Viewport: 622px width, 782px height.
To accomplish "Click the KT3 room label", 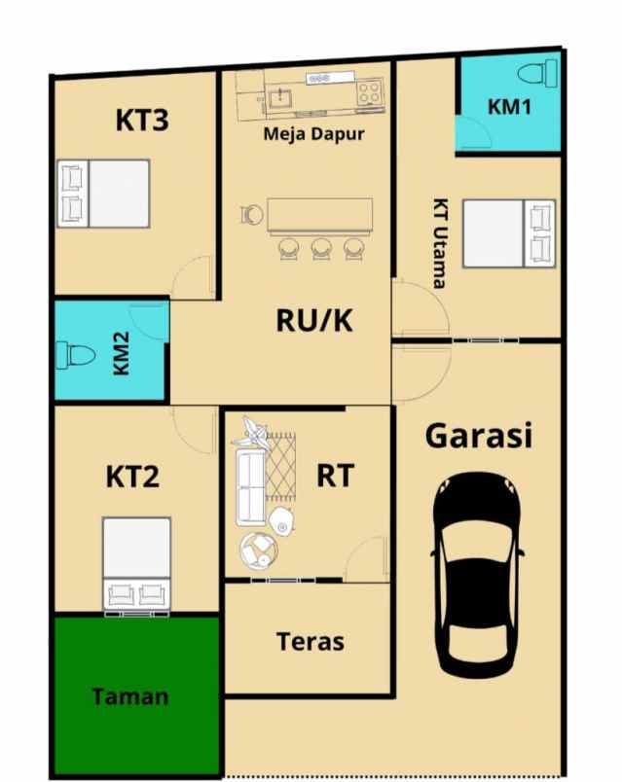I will (x=142, y=121).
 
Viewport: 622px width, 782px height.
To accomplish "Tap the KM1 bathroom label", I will (x=509, y=107).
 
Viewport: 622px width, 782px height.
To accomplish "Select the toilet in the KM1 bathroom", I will (x=534, y=73).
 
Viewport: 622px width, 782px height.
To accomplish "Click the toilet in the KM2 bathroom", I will (x=74, y=354).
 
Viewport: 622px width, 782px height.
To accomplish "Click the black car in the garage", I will (x=478, y=575).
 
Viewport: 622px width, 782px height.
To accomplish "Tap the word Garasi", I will (x=478, y=435).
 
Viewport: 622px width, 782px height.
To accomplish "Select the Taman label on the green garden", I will (x=130, y=696).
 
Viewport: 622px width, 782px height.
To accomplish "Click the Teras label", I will (x=310, y=641).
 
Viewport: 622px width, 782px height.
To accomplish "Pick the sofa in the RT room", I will (x=250, y=486).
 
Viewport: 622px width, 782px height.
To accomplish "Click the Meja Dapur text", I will (x=313, y=134).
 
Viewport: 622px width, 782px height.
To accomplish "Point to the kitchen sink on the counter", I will (x=284, y=95).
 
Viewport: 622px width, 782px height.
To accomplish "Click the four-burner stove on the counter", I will (x=369, y=93).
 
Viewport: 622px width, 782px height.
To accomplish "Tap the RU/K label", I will (x=313, y=319).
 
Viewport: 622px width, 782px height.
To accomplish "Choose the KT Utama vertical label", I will (x=439, y=243).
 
